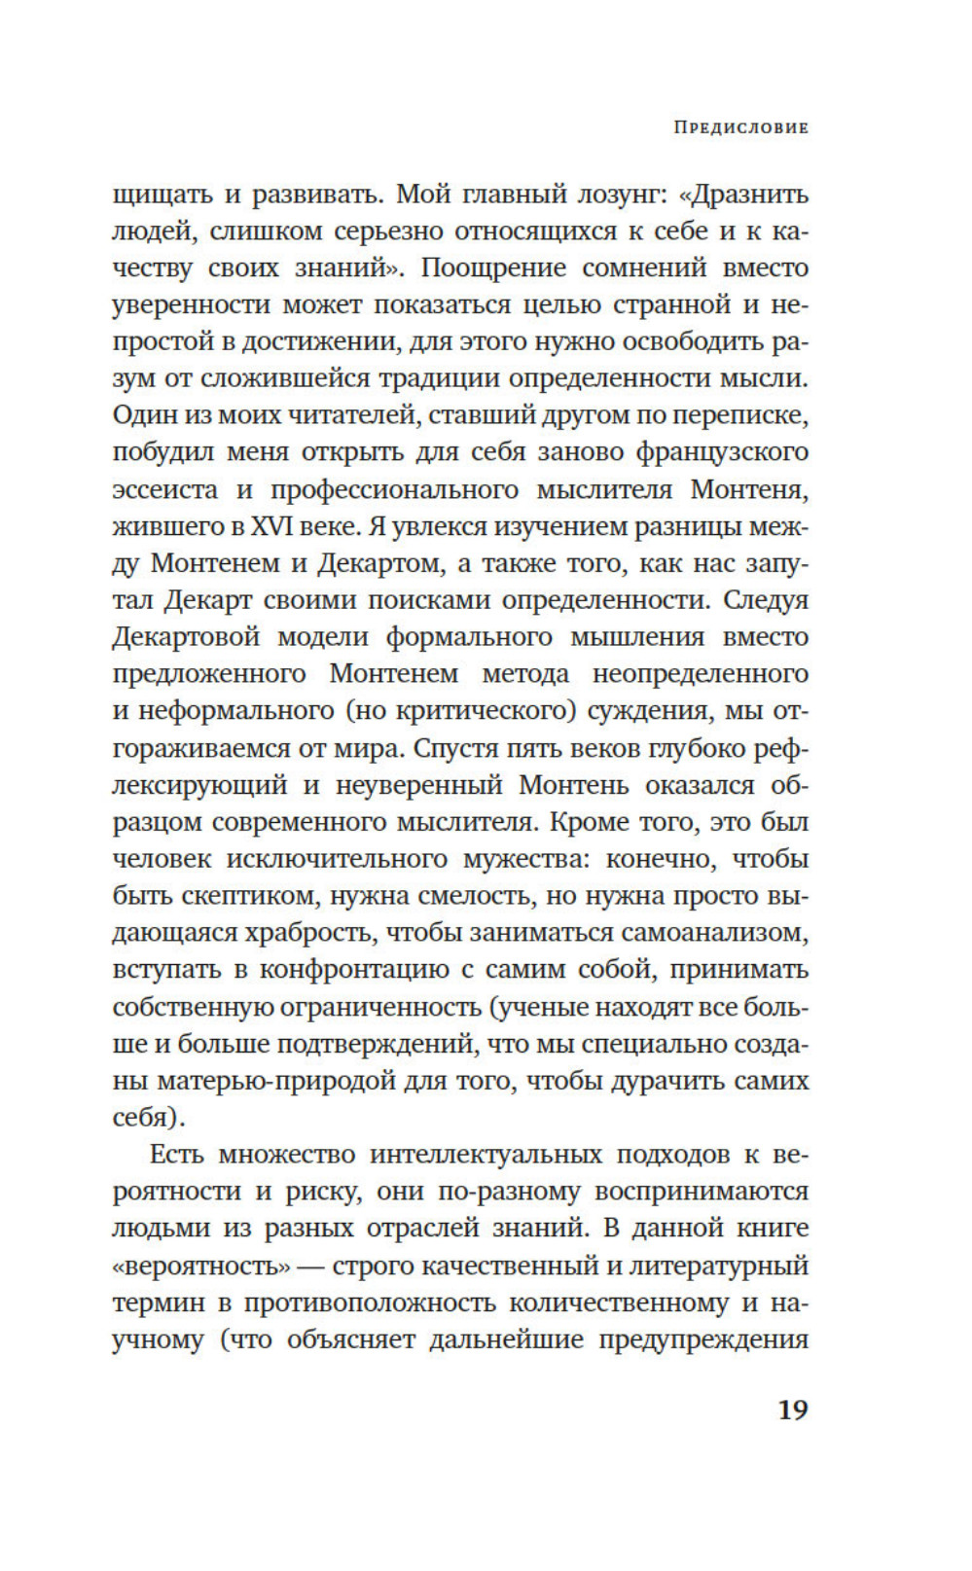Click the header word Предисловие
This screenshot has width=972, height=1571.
[740, 127]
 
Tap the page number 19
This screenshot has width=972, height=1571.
[793, 1410]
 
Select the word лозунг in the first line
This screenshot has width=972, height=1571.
[588, 195]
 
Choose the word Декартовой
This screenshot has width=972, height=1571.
[186, 637]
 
